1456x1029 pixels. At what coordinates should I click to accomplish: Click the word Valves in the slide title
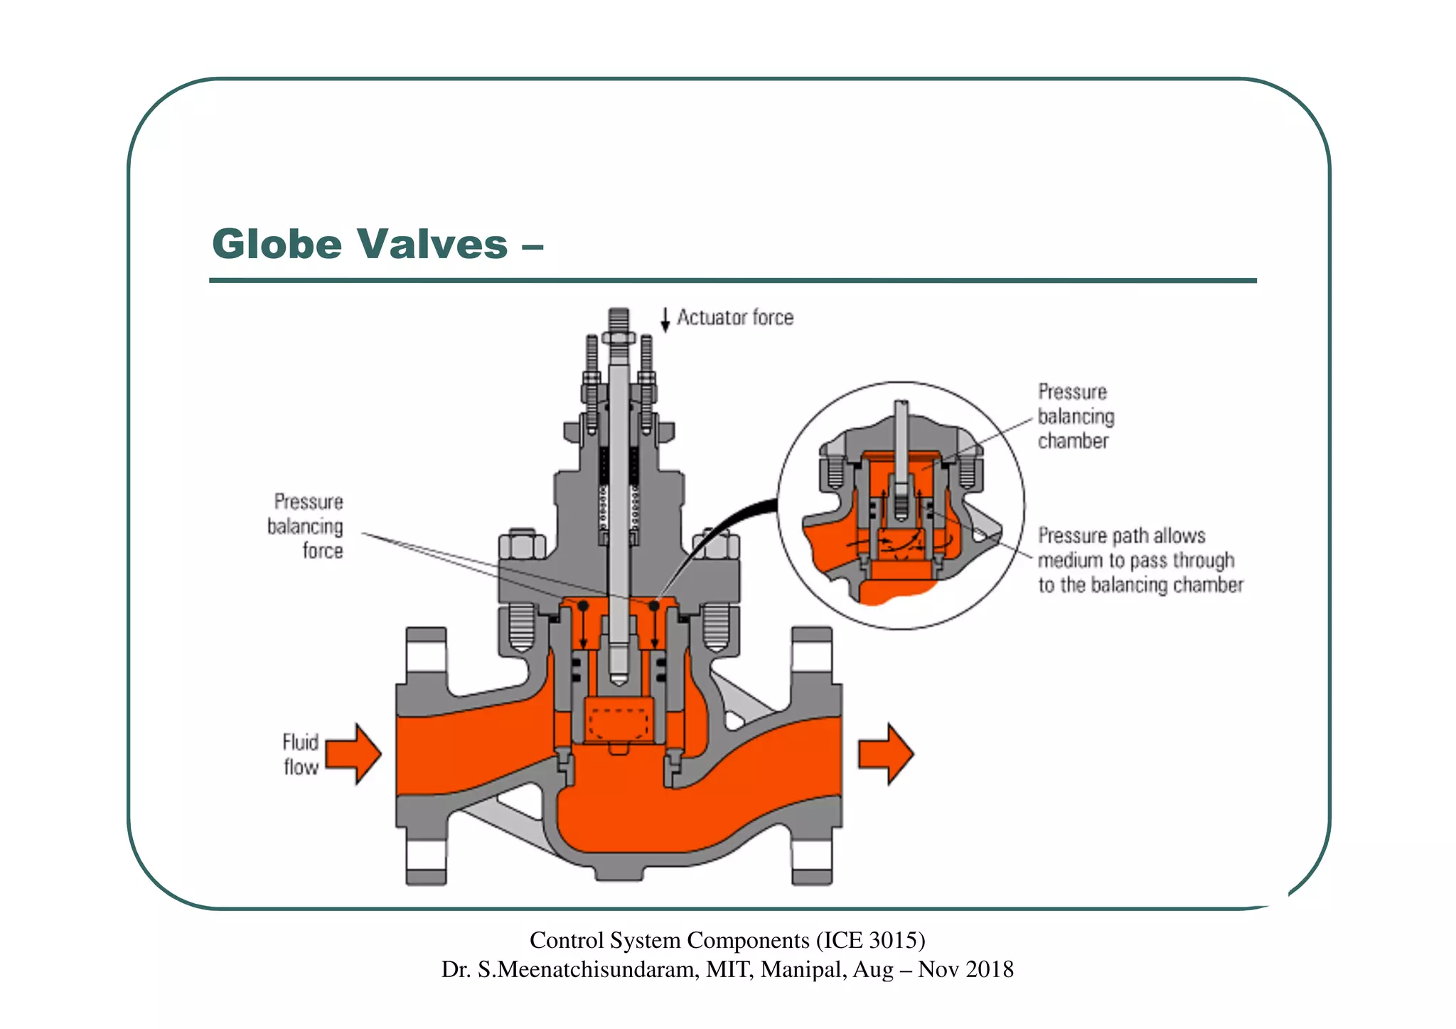click(432, 245)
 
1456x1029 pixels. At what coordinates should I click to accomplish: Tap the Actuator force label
click(734, 317)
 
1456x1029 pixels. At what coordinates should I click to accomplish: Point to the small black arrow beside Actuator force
click(665, 320)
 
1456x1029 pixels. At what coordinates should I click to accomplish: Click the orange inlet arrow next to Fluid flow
click(354, 754)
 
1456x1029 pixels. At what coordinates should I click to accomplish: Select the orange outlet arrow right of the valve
click(886, 754)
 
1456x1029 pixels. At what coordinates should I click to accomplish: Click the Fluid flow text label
click(301, 755)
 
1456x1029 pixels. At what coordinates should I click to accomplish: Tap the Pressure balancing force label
click(306, 526)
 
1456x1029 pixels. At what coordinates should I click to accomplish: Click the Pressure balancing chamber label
click(1075, 417)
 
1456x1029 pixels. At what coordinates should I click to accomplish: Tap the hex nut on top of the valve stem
click(619, 337)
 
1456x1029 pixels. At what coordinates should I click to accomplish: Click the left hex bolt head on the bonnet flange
click(523, 545)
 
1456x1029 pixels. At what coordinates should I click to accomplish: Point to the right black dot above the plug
click(654, 606)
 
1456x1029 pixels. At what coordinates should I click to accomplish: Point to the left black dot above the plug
click(583, 606)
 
